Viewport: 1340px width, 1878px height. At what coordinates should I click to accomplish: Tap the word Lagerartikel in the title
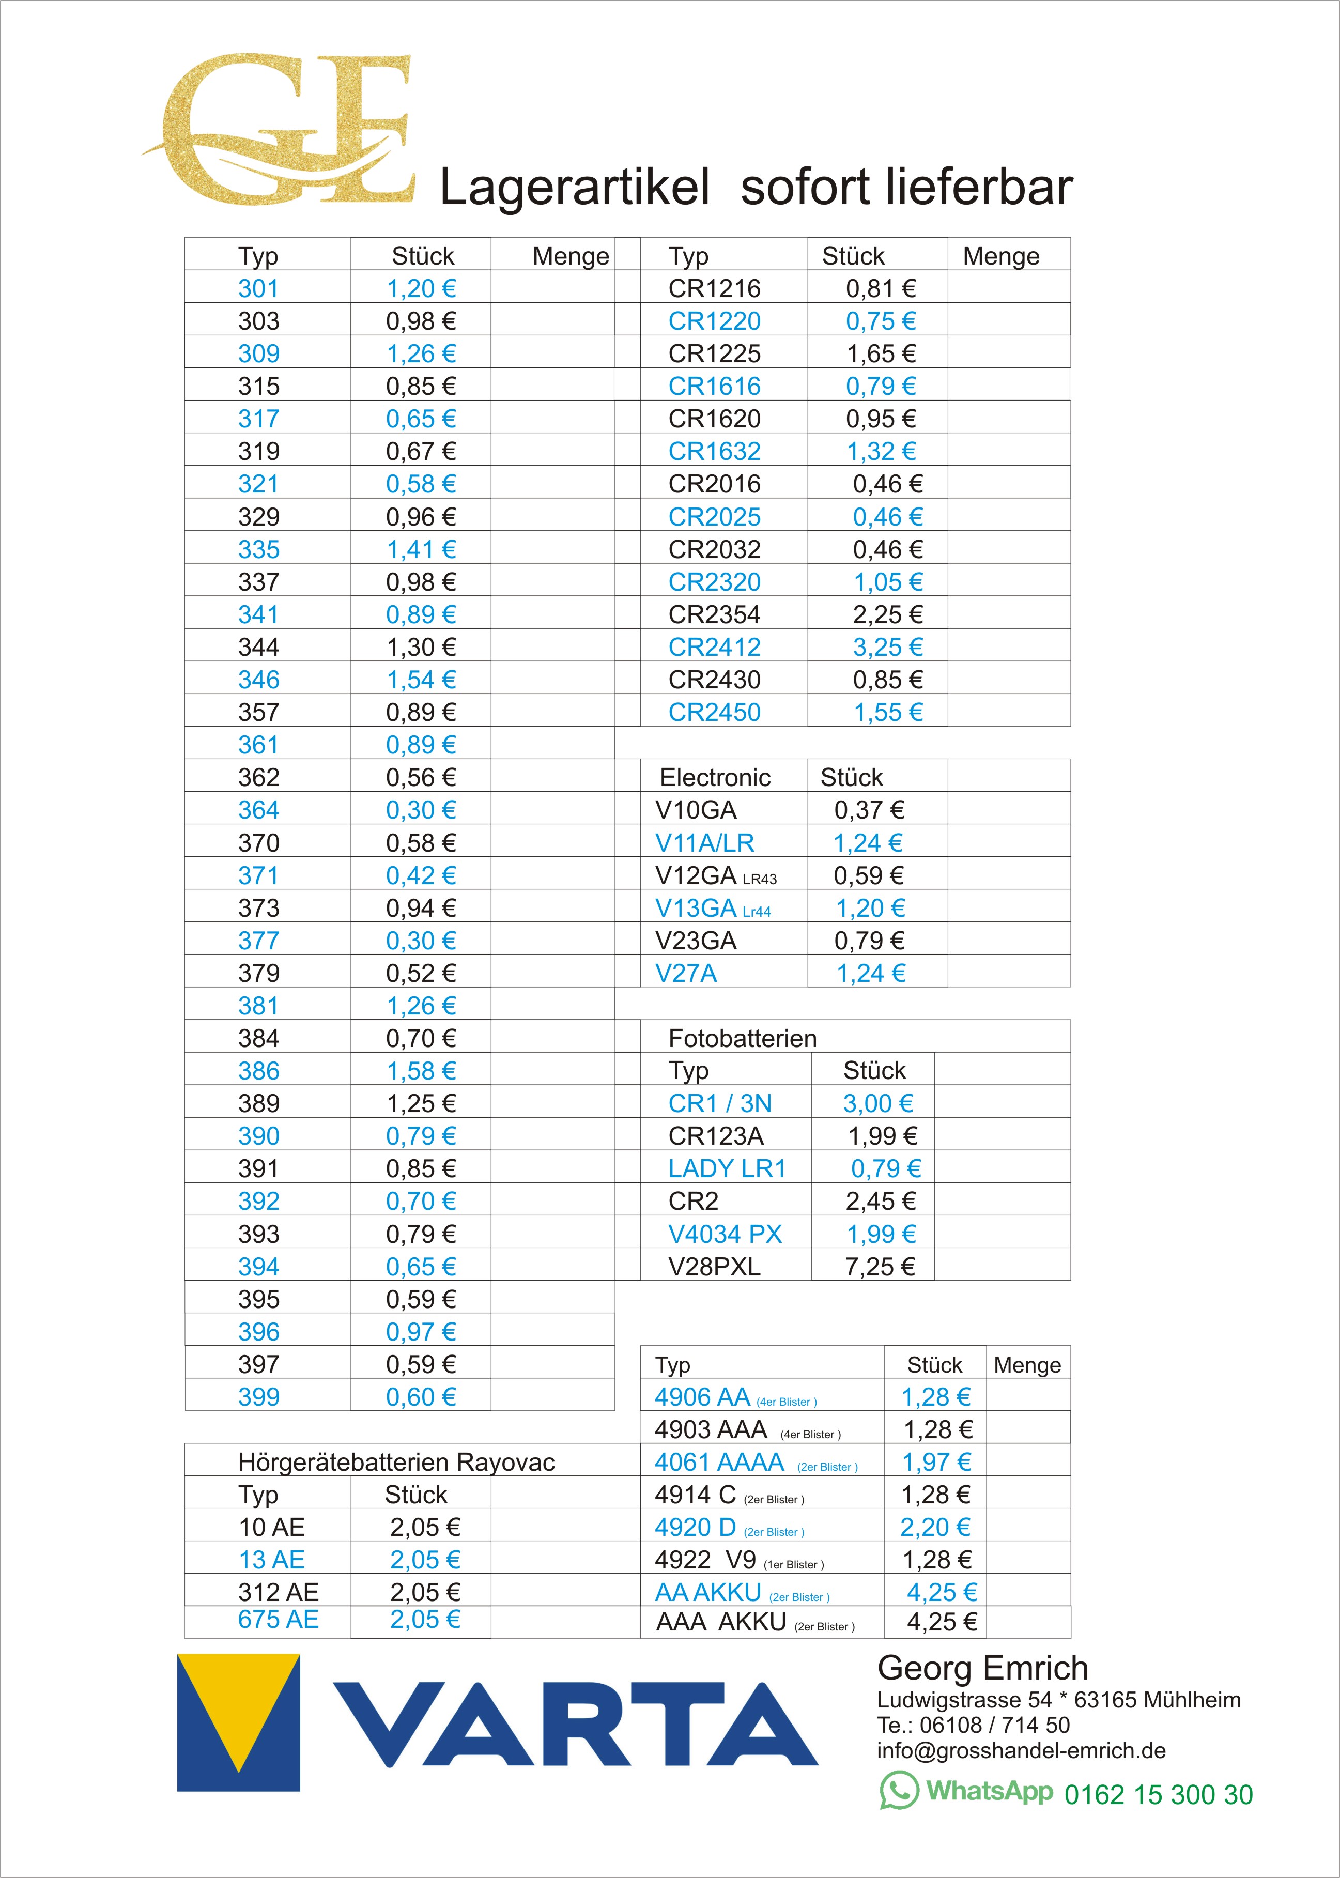[x=574, y=187]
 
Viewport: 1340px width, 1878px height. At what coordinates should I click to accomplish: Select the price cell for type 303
[x=421, y=321]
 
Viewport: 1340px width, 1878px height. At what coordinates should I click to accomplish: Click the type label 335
[x=258, y=549]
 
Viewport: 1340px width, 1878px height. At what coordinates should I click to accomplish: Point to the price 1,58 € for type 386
[x=421, y=1071]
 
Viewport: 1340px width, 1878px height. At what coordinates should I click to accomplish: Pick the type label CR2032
[x=714, y=549]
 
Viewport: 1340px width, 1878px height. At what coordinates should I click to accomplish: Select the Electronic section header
[x=715, y=777]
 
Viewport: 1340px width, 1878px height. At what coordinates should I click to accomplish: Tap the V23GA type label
[x=696, y=941]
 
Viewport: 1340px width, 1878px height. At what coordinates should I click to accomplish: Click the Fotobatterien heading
[x=742, y=1038]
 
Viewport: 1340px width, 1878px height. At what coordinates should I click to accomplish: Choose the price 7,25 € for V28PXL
[x=880, y=1267]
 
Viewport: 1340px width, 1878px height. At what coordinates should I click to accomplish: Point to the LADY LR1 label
[x=726, y=1168]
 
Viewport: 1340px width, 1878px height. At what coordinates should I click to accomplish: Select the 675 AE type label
[x=278, y=1619]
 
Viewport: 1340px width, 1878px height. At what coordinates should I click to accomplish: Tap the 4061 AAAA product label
[x=719, y=1462]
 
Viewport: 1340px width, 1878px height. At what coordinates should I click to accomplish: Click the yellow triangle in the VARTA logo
[x=239, y=1704]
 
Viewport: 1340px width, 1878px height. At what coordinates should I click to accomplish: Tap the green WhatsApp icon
[x=899, y=1791]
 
